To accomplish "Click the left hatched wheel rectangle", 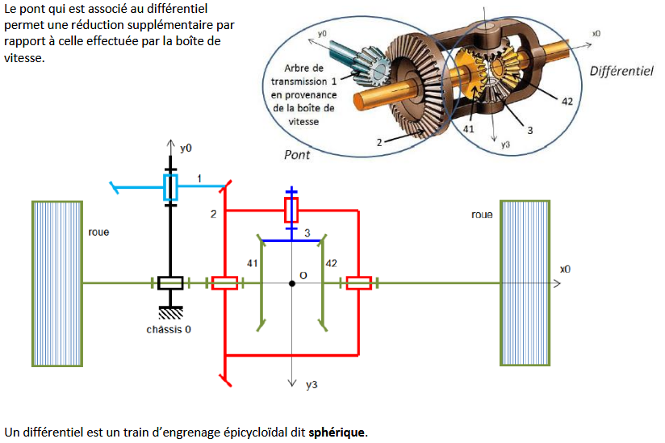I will click(56, 282).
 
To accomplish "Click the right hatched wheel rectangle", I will click(525, 282).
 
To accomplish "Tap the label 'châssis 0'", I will click(169, 329).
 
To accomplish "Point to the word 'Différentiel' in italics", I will click(621, 71).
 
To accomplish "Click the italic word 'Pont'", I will click(297, 154).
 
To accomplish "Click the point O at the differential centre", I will click(291, 283).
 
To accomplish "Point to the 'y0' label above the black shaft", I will click(186, 148).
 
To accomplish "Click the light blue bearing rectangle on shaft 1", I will click(170, 187).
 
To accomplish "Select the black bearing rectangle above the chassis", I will click(170, 282).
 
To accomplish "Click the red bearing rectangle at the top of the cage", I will click(291, 211).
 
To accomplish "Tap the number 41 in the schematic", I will click(252, 264).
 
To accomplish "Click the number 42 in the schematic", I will click(331, 264).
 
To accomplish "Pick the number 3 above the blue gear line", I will click(307, 232).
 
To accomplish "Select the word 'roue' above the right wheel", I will click(482, 215).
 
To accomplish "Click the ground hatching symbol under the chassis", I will click(170, 313).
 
